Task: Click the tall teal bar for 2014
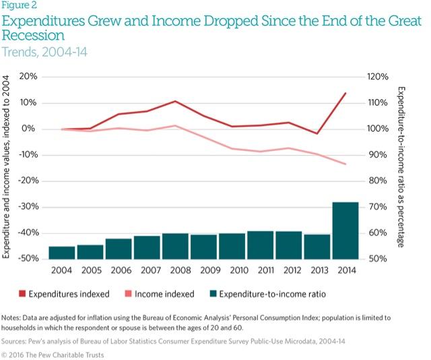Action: click(x=345, y=231)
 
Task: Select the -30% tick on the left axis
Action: click(x=27, y=208)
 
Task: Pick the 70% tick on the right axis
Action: click(x=375, y=208)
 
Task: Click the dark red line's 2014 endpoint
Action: click(x=345, y=93)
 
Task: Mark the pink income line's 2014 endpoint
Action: click(x=345, y=164)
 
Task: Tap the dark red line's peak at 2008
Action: click(x=175, y=101)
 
